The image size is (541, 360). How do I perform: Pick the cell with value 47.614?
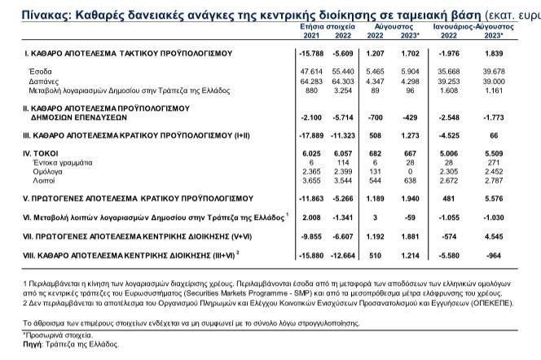312,72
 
